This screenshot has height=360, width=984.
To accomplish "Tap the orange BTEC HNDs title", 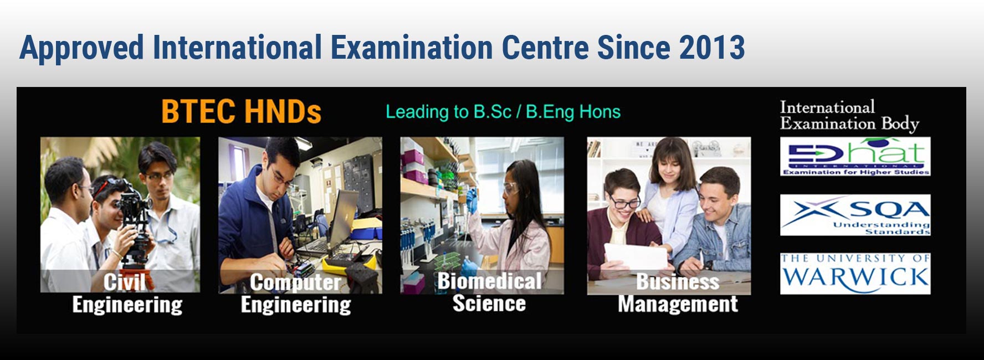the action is coord(241,112).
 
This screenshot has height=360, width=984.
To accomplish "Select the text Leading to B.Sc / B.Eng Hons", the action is coord(503,112).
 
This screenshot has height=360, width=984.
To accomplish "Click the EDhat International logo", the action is coord(855,157).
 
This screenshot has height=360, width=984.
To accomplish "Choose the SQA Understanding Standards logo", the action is coord(855,215).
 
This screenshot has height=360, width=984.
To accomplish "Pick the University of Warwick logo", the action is coord(855,274).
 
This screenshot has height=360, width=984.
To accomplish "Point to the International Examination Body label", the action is coord(849,116).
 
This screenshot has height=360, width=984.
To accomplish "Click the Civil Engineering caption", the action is coord(127,294).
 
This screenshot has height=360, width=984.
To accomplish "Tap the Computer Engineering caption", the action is coord(296,294).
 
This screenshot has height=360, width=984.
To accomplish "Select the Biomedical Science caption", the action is coord(489,292).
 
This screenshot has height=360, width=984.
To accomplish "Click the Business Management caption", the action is coord(678,293).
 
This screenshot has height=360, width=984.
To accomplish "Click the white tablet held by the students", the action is coord(635,258).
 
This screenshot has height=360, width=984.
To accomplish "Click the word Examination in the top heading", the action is coord(412,48).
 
